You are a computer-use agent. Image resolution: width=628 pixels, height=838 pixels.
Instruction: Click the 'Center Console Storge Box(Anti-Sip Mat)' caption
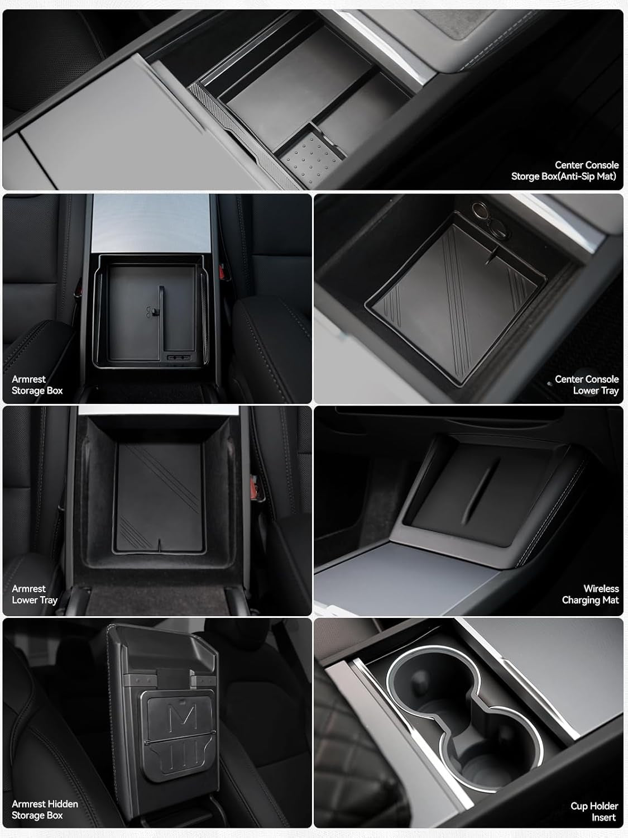tap(564, 170)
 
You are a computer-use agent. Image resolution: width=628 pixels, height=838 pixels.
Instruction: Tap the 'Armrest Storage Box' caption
tap(37, 385)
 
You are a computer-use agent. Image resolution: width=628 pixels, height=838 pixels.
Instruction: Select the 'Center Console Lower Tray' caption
tap(586, 385)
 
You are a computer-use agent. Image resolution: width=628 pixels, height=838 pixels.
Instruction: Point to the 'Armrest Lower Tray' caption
tap(34, 594)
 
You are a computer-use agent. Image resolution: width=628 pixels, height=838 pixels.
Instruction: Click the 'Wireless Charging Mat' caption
tap(590, 594)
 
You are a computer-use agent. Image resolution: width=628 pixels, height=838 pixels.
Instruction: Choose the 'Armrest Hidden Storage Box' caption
tap(45, 810)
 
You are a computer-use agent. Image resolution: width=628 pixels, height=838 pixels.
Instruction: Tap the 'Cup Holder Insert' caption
tap(594, 812)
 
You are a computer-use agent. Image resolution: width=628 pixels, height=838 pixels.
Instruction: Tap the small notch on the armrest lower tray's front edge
tap(161, 541)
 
